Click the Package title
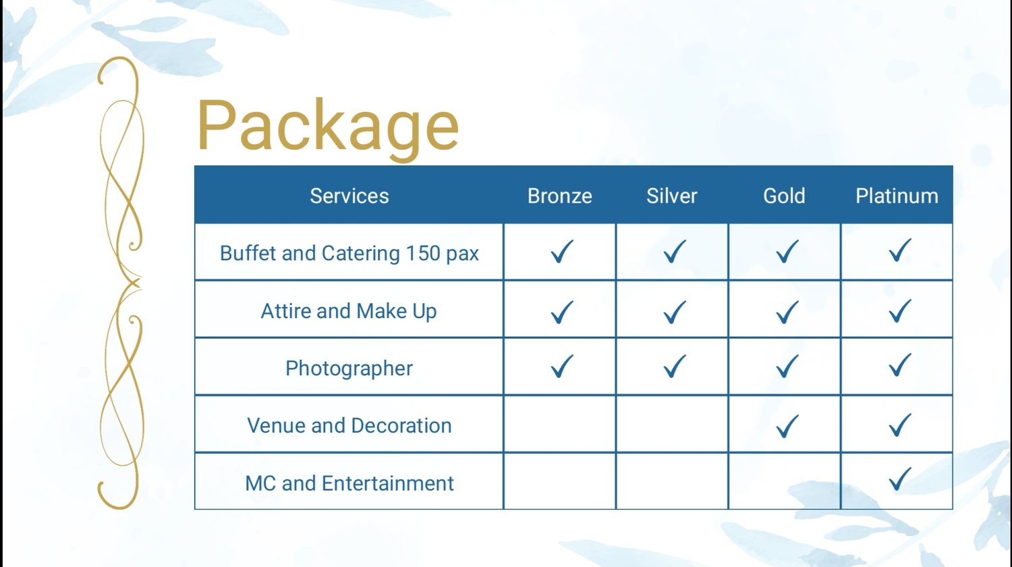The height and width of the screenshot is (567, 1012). pos(328,127)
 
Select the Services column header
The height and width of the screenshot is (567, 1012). pos(349,196)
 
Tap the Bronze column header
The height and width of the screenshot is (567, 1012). pos(560,196)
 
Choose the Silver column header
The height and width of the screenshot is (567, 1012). pos(672,196)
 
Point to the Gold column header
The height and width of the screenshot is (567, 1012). pos(784,196)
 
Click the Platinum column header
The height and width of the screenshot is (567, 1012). pos(897,196)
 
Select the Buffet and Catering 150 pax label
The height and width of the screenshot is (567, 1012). pos(349,253)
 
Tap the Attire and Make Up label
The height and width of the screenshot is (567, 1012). pos(349,311)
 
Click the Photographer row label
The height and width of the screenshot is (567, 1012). pos(349,369)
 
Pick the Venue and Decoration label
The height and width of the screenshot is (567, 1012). pos(349,425)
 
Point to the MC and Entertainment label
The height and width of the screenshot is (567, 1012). pos(349,483)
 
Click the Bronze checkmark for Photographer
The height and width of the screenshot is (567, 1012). pos(562,366)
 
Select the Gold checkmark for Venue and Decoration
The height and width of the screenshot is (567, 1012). pos(787,426)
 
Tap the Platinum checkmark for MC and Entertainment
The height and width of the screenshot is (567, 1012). pos(899,479)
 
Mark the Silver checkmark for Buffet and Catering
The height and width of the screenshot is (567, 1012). pos(675,251)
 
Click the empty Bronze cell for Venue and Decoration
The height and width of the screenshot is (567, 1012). pos(559,424)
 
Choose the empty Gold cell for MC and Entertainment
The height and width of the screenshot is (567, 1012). pos(784,481)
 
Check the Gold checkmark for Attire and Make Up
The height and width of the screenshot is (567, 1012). pos(787,313)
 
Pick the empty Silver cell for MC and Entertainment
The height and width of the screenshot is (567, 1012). pos(672,481)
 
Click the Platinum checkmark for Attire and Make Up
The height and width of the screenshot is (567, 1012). pos(899,310)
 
